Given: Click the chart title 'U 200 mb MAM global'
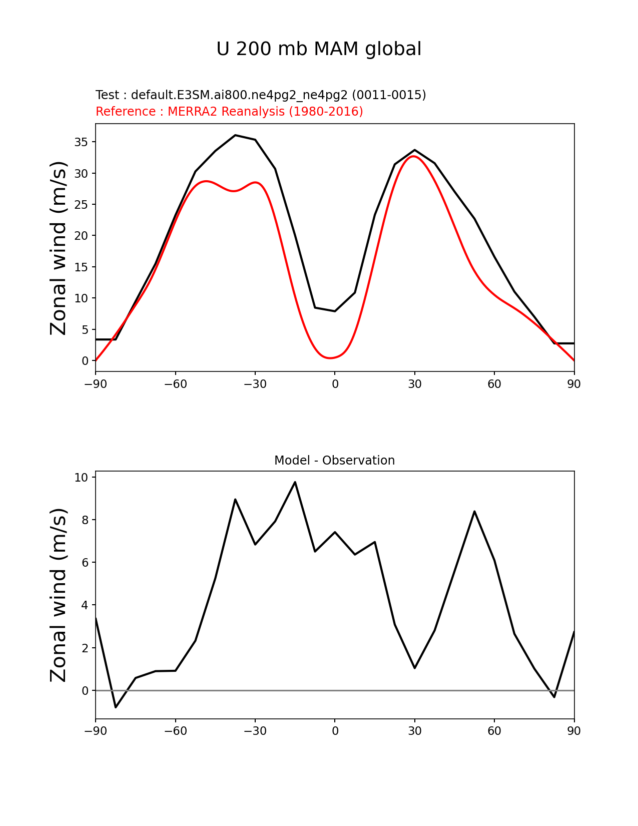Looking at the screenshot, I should (319, 49).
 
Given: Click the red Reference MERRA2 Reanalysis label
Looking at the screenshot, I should (229, 111).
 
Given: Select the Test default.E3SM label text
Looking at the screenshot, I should (261, 95).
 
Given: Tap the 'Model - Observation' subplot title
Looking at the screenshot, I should (334, 460).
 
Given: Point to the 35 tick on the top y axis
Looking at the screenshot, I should (82, 142).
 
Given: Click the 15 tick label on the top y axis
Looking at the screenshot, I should (82, 267).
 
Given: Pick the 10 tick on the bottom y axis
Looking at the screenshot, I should (82, 477).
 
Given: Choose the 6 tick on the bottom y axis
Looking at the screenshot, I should (85, 562).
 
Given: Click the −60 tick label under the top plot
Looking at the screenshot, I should (175, 384).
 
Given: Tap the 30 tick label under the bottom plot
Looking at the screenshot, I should (415, 731).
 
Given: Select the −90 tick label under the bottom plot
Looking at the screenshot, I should (96, 731).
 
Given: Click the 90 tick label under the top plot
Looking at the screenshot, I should (574, 384).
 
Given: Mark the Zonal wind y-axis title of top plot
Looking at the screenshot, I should (59, 248).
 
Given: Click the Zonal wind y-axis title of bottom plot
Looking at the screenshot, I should (59, 595).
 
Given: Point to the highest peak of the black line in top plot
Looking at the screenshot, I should (235, 135).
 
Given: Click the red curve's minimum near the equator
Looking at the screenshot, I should (330, 358).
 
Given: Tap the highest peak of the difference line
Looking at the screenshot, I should (295, 482).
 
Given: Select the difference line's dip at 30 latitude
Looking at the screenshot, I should (415, 668).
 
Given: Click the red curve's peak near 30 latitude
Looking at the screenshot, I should (413, 156).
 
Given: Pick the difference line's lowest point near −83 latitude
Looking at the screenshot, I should (116, 707).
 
